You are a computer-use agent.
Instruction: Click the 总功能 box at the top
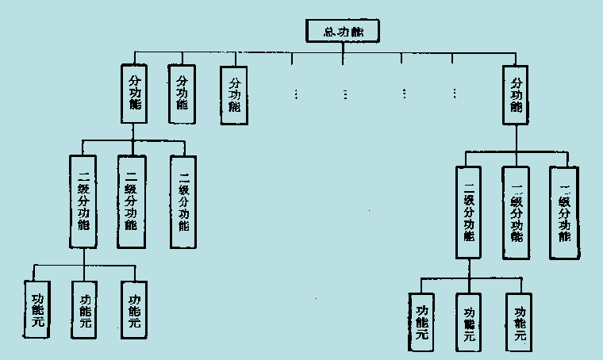(x=342, y=31)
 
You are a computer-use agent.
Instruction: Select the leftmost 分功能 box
(x=135, y=94)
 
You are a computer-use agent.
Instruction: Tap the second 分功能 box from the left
(x=182, y=93)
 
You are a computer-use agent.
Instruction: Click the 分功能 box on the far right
(x=517, y=94)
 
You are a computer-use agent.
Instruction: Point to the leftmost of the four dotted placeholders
(x=295, y=94)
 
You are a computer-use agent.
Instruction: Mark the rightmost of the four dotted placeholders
(x=455, y=94)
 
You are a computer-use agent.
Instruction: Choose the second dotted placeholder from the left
(x=346, y=94)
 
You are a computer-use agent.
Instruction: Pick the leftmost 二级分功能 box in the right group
(x=468, y=212)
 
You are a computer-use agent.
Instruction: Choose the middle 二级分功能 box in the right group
(x=517, y=212)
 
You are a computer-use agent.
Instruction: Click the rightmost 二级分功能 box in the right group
(x=565, y=212)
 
